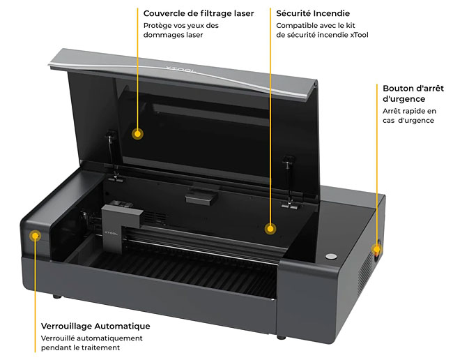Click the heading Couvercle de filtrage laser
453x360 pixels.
coord(198,13)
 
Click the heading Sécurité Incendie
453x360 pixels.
coord(313,13)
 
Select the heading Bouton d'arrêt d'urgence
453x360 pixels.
coord(413,93)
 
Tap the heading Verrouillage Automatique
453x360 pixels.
coord(95,326)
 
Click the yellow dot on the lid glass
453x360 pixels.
coord(138,133)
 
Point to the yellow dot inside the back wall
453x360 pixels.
coord(270,227)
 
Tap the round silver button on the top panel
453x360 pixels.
coord(332,255)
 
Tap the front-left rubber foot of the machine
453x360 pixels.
coord(56,295)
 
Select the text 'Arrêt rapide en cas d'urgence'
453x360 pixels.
coord(409,115)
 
